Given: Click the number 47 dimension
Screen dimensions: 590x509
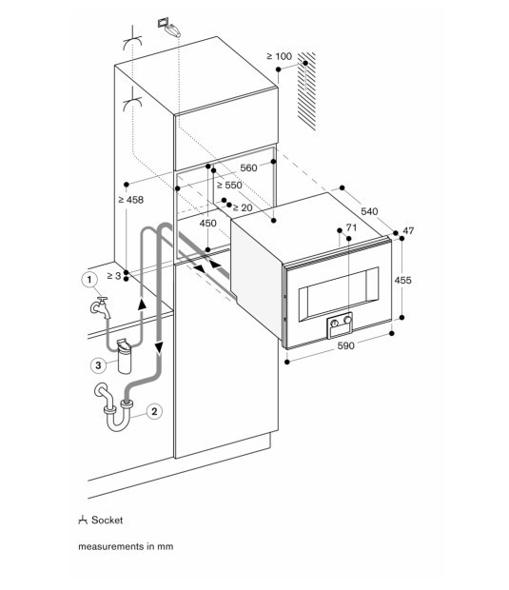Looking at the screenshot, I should pyautogui.click(x=409, y=231).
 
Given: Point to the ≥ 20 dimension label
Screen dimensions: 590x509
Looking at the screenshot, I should pyautogui.click(x=241, y=207).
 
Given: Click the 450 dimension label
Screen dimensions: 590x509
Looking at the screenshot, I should pyautogui.click(x=207, y=222).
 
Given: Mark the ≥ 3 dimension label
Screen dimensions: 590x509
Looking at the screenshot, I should pyautogui.click(x=113, y=275).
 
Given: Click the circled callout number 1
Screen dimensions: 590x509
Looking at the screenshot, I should pyautogui.click(x=88, y=280).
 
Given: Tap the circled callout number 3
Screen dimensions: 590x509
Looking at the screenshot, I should pyautogui.click(x=97, y=363).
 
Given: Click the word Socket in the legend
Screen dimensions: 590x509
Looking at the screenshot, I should pyautogui.click(x=108, y=521).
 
